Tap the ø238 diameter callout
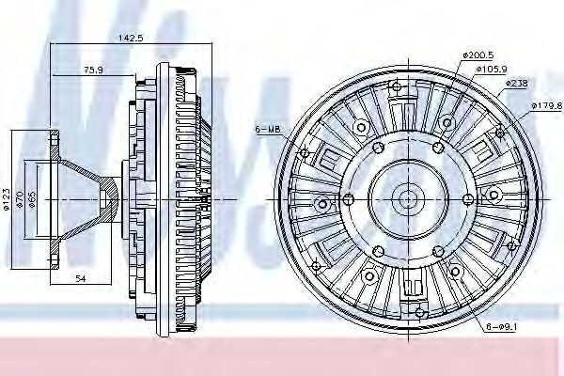coord(518,84)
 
